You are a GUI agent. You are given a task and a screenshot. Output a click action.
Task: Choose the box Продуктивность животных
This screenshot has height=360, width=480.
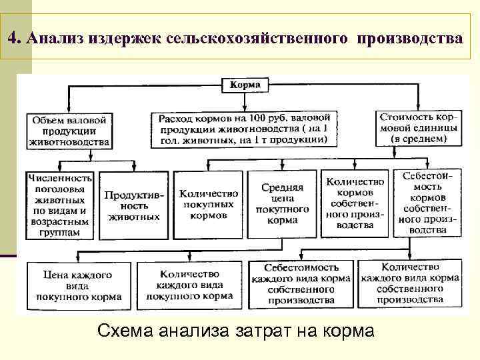click(133, 205)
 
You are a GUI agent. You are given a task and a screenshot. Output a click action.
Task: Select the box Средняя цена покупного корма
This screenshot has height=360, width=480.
click(282, 204)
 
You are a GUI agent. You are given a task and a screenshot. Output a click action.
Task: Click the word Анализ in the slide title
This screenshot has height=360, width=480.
click(51, 37)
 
